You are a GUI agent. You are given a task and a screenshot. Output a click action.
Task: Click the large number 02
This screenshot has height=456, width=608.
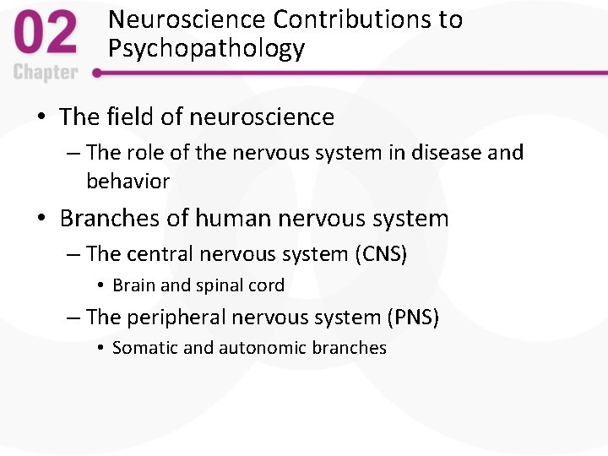(x=46, y=35)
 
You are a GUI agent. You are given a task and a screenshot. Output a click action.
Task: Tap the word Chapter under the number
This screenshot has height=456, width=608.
(x=46, y=73)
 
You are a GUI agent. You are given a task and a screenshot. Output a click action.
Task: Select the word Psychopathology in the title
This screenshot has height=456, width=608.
(x=206, y=48)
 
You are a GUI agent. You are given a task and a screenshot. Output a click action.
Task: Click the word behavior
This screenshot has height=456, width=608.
(x=128, y=181)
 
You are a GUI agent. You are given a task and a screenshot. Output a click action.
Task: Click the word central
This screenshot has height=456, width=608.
(x=160, y=253)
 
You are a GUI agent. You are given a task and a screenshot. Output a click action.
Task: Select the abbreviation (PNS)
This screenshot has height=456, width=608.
(x=412, y=318)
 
